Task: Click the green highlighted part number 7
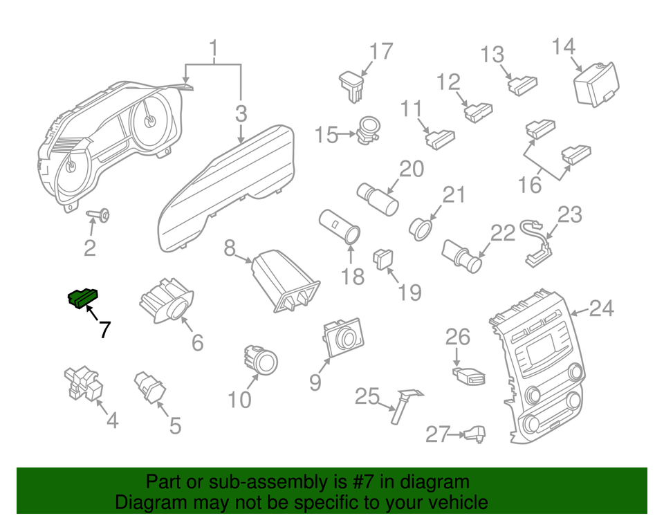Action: click(82, 298)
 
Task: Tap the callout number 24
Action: click(601, 308)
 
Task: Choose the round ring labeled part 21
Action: click(422, 227)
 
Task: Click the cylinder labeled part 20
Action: click(378, 198)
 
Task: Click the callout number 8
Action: click(230, 248)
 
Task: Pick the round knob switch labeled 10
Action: click(262, 360)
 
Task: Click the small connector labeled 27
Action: click(475, 434)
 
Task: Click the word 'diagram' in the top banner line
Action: click(438, 482)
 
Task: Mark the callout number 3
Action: click(240, 112)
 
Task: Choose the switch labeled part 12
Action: click(477, 110)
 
